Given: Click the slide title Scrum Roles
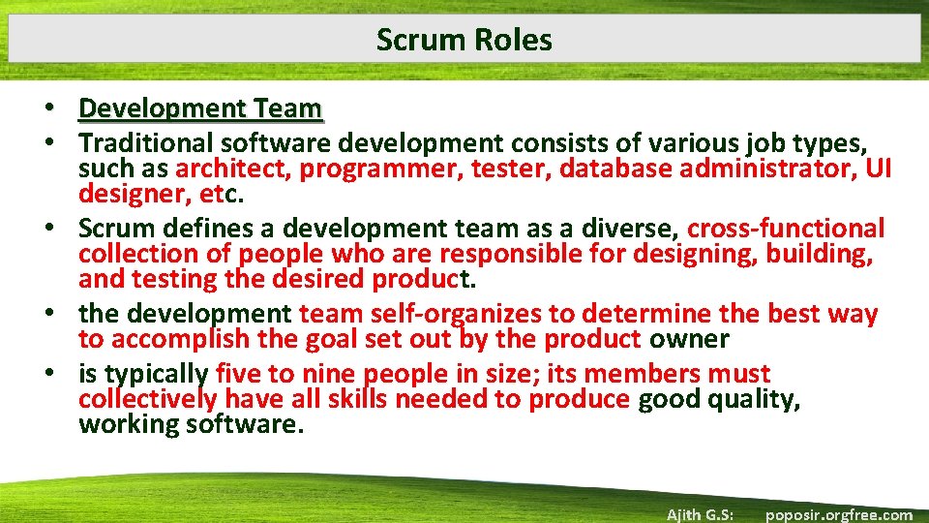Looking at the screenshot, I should [x=464, y=40].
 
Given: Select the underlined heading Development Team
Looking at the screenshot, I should [x=200, y=108].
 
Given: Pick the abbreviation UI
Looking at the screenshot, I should [x=878, y=169].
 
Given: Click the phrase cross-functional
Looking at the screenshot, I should [x=786, y=229].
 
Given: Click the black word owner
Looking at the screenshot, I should [x=689, y=339].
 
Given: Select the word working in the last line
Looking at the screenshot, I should [x=125, y=424].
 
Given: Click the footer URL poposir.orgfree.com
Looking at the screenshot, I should [x=839, y=514].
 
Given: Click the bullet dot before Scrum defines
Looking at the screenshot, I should [x=61, y=229].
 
